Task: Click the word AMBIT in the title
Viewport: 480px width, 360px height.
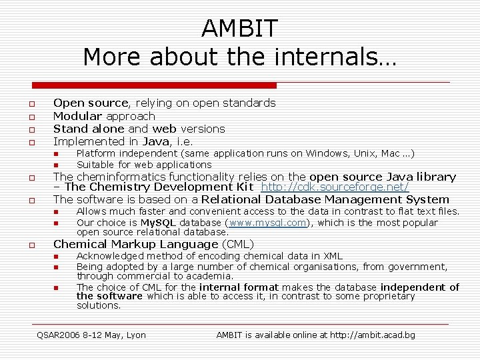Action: click(239, 29)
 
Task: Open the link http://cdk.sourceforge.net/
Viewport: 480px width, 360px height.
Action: click(335, 187)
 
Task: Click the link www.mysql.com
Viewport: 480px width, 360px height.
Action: click(267, 223)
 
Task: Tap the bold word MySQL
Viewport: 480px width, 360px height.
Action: click(159, 223)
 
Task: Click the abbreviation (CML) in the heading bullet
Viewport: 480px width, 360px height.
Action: click(238, 244)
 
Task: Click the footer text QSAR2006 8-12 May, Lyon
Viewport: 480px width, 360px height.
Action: click(91, 335)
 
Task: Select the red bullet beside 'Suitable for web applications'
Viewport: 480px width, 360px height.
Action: click(57, 165)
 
